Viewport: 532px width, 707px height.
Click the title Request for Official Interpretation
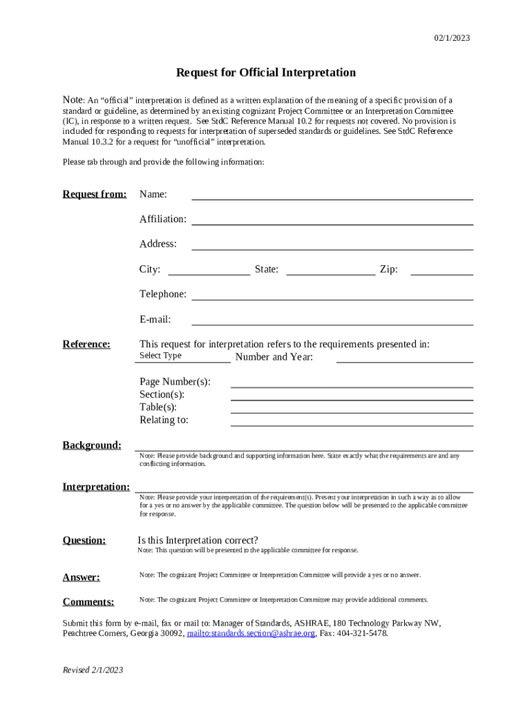266,72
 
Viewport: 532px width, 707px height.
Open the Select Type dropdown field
182,356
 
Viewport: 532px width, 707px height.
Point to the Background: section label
92,445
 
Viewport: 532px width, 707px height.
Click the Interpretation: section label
96,487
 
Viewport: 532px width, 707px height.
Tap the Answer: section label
82,577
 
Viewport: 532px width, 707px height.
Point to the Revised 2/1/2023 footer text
93,670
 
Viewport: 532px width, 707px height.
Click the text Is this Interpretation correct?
198,540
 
